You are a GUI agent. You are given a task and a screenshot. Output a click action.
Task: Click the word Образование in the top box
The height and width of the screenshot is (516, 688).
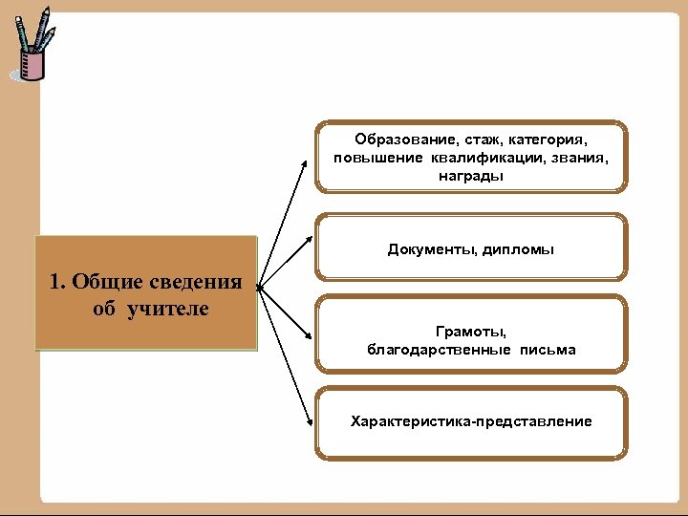(x=393, y=140)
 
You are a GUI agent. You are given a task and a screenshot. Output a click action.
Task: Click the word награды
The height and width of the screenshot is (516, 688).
(x=471, y=176)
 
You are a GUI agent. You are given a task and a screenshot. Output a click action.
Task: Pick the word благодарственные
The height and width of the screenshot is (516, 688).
(x=440, y=350)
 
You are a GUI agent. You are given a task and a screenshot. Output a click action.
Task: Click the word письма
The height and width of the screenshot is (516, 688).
(x=548, y=350)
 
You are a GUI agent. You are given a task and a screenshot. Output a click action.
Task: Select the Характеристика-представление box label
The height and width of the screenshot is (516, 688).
(x=471, y=421)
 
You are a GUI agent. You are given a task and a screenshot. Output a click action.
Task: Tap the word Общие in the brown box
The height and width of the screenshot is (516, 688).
(x=104, y=282)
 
